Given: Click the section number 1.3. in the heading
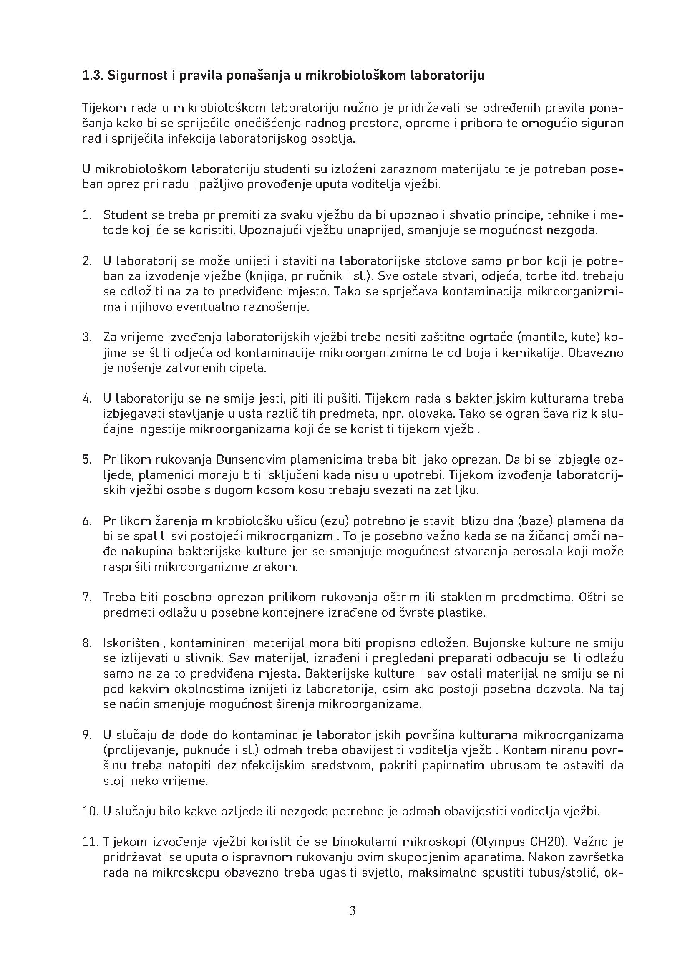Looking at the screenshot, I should pos(92,76).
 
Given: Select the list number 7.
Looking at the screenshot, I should pos(87,597).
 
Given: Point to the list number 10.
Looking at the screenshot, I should pos(90,812).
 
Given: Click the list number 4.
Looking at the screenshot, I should pos(87,399).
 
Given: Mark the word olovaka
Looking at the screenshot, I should pos(431,414).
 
